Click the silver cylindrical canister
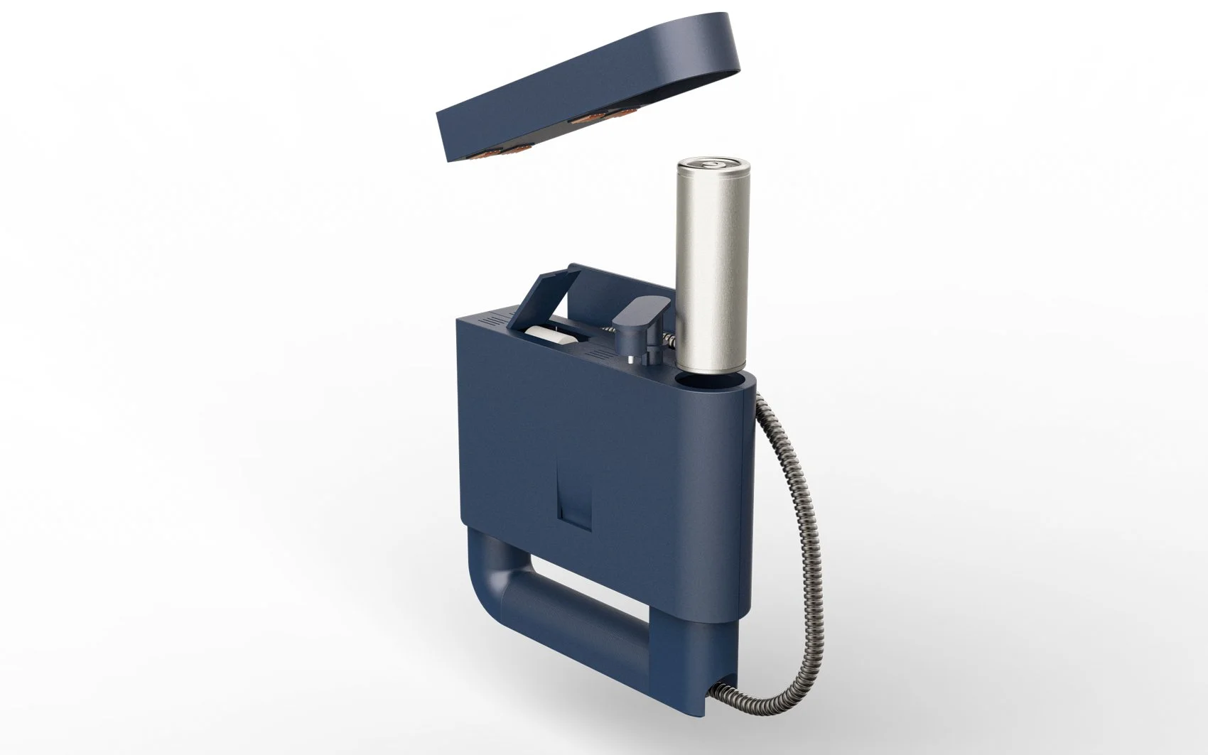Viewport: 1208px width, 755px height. coord(711,270)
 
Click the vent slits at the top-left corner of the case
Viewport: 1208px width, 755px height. coord(494,320)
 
